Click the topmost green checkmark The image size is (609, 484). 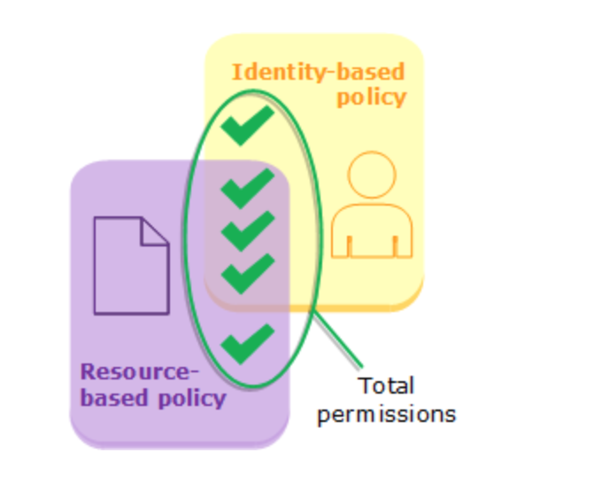coord(247,127)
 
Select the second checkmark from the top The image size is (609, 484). coord(247,188)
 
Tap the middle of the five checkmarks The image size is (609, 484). coord(247,230)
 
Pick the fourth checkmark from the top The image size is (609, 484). coord(247,272)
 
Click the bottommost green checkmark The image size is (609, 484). coord(247,343)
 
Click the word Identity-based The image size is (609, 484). coord(318,72)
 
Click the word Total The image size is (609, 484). coord(387,386)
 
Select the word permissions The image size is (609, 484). coord(387,414)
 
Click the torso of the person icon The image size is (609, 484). coord(372,232)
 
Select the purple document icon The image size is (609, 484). coord(131,266)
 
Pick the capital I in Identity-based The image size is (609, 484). coord(235,72)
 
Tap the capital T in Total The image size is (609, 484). coord(364,386)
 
